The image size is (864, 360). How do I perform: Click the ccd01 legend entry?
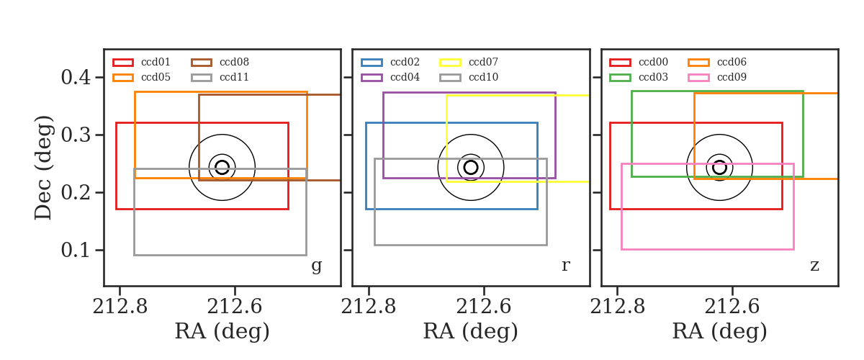(141, 62)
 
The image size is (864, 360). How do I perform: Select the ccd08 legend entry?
(220, 62)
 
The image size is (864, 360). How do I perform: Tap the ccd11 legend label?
(234, 77)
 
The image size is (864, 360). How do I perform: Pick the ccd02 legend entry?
(390, 62)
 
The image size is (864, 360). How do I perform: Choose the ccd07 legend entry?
(469, 62)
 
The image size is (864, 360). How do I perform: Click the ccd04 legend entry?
(390, 77)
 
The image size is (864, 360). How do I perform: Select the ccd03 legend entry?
(639, 77)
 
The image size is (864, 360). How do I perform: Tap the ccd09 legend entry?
(717, 77)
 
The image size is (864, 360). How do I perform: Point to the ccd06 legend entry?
(717, 62)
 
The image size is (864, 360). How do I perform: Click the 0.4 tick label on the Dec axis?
(76, 77)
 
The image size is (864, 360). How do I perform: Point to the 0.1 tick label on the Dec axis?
(76, 250)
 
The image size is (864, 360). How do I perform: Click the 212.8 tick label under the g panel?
(120, 307)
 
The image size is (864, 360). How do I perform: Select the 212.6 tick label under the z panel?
(732, 307)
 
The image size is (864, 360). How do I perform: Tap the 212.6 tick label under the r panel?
(484, 307)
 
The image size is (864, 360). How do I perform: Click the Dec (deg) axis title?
(42, 168)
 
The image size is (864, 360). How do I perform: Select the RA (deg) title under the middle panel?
(471, 331)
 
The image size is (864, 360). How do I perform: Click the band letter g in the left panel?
(316, 266)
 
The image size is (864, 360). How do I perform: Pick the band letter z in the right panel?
(814, 266)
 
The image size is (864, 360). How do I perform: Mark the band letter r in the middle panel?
(566, 266)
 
